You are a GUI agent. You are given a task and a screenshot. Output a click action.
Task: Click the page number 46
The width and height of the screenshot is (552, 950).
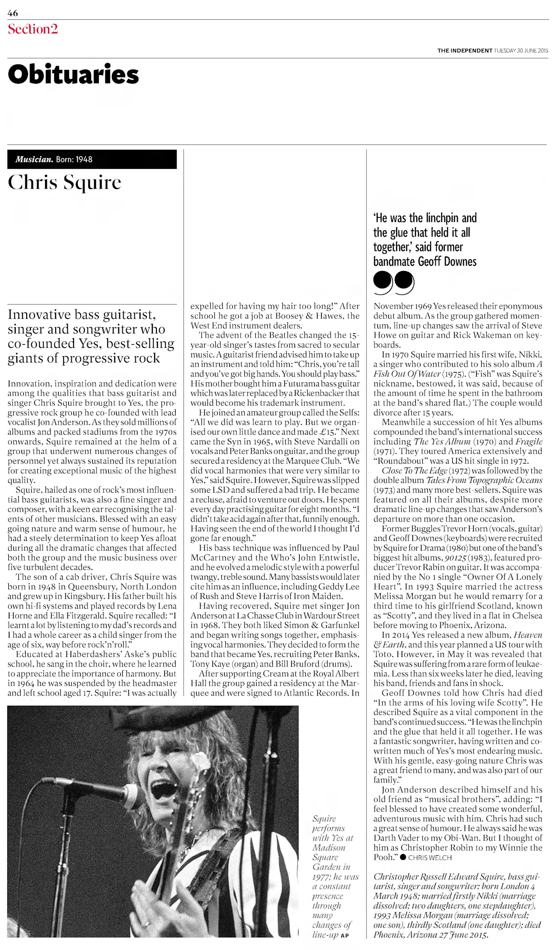pos(13,13)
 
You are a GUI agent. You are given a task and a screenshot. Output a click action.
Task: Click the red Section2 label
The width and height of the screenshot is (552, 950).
pos(33,29)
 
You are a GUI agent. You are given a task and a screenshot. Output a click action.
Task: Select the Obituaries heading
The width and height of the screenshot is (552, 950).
pos(73,75)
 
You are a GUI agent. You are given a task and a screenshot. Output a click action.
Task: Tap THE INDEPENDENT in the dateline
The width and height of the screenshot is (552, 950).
pos(465,51)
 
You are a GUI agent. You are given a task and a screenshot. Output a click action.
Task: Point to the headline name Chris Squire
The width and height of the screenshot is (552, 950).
pos(64,183)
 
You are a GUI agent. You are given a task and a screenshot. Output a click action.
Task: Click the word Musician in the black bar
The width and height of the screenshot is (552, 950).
pos(34,160)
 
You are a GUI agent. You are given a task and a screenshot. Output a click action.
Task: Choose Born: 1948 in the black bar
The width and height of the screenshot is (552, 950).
pos(74,160)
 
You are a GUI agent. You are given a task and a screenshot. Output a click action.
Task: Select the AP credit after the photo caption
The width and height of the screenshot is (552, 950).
pos(345,935)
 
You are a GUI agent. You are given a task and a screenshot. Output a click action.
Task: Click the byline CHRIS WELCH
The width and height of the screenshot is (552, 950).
pos(430,858)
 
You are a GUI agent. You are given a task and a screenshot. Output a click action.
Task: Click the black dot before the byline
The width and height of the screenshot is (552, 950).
pos(403,857)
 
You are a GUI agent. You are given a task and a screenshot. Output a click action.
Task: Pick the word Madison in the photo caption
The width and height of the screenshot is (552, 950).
pos(329,847)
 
